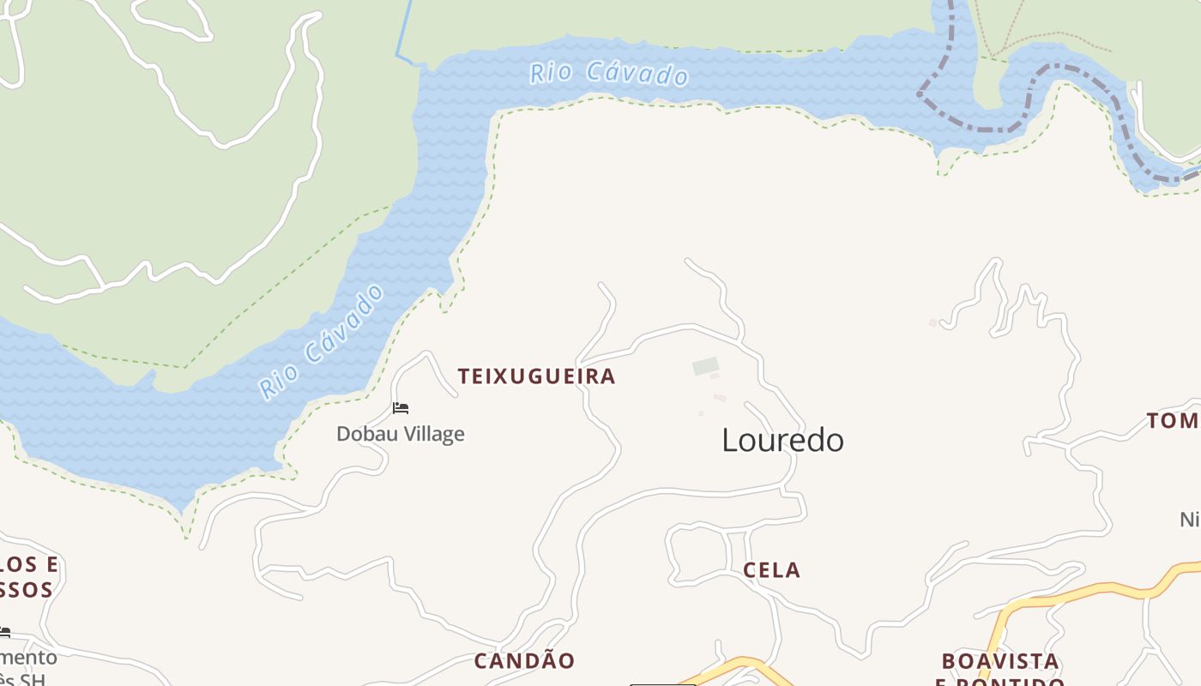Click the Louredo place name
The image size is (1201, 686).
pyautogui.click(x=782, y=440)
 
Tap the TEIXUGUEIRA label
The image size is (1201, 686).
pyautogui.click(x=536, y=376)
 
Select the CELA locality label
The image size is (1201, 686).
pyautogui.click(x=771, y=570)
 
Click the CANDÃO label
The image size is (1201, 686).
pyautogui.click(x=524, y=661)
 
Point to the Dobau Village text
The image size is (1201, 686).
pyautogui.click(x=400, y=434)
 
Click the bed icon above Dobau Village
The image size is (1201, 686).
pyautogui.click(x=401, y=408)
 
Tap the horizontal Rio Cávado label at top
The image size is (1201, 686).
pyautogui.click(x=609, y=74)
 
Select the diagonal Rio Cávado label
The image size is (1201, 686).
pyautogui.click(x=322, y=341)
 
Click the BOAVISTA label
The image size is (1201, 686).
pyautogui.click(x=999, y=661)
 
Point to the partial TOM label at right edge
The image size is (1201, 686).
pyautogui.click(x=1174, y=421)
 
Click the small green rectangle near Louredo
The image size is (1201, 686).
pyautogui.click(x=705, y=367)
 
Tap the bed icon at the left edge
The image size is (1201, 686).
pyautogui.click(x=5, y=633)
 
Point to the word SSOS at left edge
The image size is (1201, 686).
pyautogui.click(x=26, y=590)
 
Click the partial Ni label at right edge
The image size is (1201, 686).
pyautogui.click(x=1189, y=520)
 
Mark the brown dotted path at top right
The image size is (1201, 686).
pyautogui.click(x=1055, y=36)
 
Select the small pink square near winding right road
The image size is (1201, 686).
pyautogui.click(x=933, y=322)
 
